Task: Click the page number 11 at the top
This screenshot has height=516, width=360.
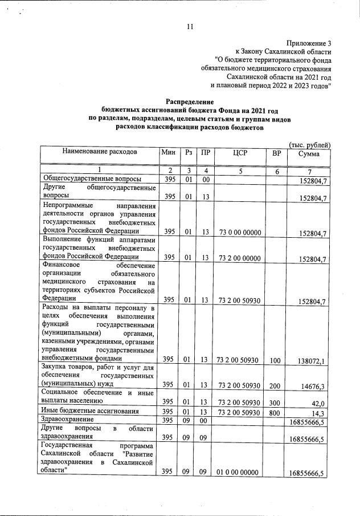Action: click(x=190, y=26)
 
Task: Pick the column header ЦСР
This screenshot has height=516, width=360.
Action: click(x=239, y=153)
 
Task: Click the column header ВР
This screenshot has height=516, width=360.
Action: click(x=277, y=153)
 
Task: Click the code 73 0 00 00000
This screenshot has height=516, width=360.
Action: click(x=239, y=232)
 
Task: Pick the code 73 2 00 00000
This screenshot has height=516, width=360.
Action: click(x=239, y=258)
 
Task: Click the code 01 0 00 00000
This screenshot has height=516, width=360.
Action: click(x=239, y=473)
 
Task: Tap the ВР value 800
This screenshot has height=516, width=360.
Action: click(x=276, y=412)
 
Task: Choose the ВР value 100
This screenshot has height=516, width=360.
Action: click(x=276, y=360)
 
